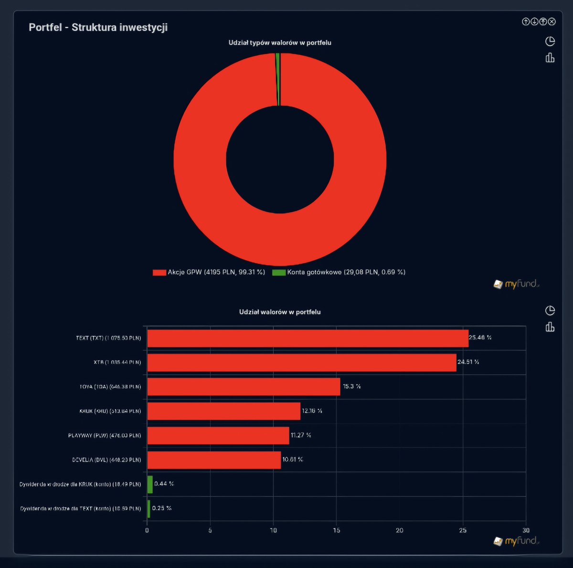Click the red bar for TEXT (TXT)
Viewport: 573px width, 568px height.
pyautogui.click(x=308, y=338)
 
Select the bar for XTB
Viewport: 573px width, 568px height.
pyautogui.click(x=302, y=363)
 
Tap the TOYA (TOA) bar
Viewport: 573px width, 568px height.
pyautogui.click(x=244, y=387)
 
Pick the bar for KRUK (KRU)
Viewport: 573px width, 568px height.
pyautogui.click(x=223, y=411)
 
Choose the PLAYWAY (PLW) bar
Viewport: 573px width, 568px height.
pyautogui.click(x=218, y=436)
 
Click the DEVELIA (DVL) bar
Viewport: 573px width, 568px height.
pyautogui.click(x=214, y=460)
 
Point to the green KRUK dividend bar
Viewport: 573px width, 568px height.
pyautogui.click(x=150, y=484)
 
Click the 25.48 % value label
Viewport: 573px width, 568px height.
pyautogui.click(x=480, y=338)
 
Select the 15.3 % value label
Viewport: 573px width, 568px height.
pyautogui.click(x=351, y=386)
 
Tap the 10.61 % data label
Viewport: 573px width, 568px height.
pyautogui.click(x=292, y=460)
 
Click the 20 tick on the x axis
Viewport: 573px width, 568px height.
pyautogui.click(x=400, y=530)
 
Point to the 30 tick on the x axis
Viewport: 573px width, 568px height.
pyautogui.click(x=526, y=530)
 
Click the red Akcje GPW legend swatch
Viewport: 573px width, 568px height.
pyautogui.click(x=159, y=272)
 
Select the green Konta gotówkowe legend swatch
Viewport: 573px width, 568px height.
pyautogui.click(x=279, y=272)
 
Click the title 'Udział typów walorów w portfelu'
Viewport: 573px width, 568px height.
pyautogui.click(x=280, y=43)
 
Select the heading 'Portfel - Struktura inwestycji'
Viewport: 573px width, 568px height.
pyautogui.click(x=98, y=27)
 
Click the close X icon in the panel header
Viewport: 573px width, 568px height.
pyautogui.click(x=552, y=21)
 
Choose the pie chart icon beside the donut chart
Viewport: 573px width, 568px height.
pyautogui.click(x=550, y=41)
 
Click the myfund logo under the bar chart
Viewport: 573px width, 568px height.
pyautogui.click(x=516, y=541)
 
